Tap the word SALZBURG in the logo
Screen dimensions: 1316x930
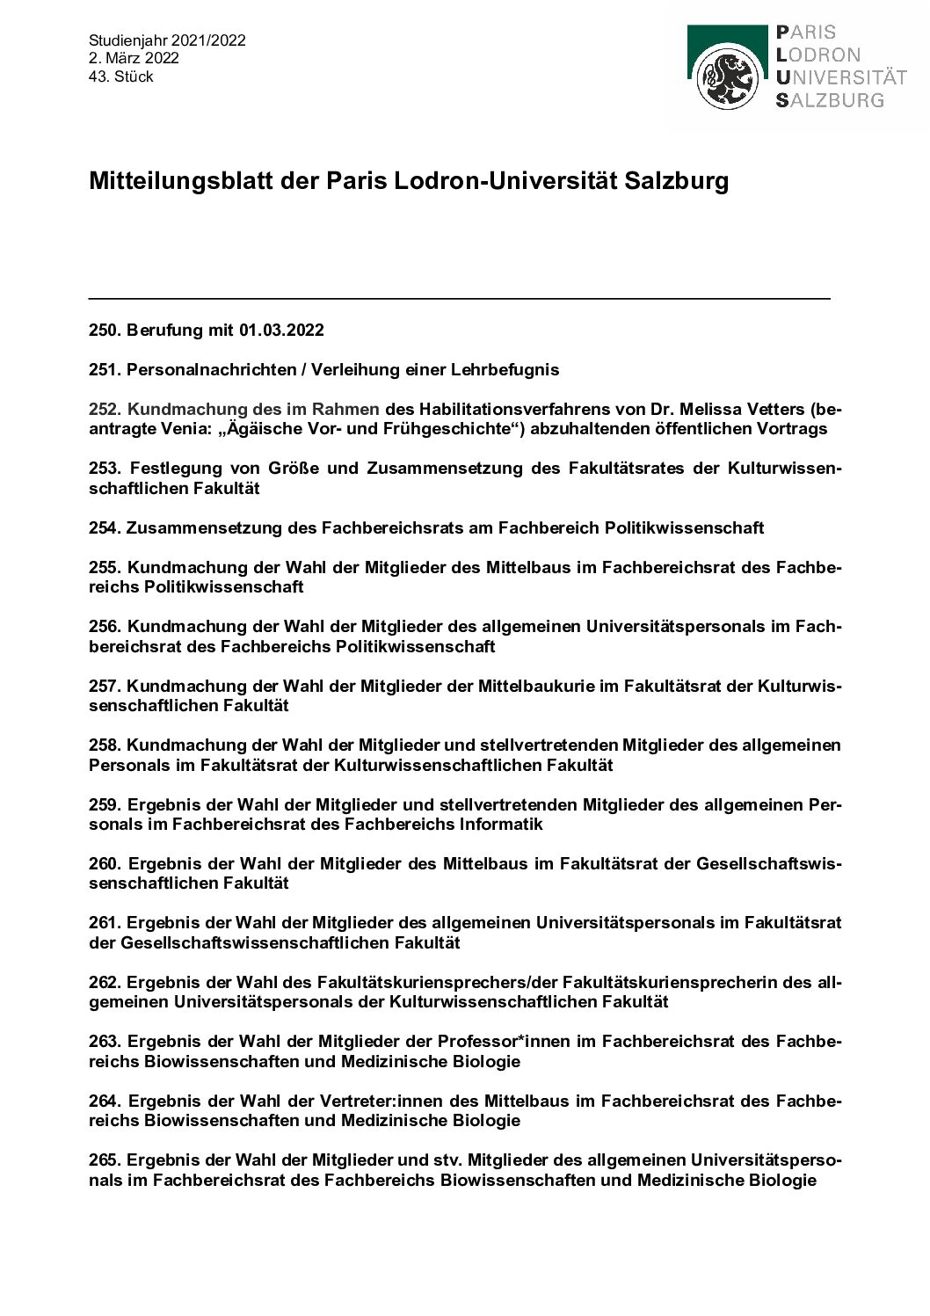(x=830, y=99)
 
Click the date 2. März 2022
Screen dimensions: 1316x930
(x=134, y=58)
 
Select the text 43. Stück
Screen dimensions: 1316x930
(x=121, y=76)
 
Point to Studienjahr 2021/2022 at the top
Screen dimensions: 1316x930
(x=167, y=40)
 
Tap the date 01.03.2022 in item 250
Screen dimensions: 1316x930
(x=280, y=331)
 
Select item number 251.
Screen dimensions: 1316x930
(x=105, y=370)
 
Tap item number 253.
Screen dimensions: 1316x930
(x=105, y=469)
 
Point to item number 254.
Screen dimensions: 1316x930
(x=105, y=528)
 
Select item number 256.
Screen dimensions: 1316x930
(x=105, y=627)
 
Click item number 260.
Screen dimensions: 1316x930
(x=105, y=863)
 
